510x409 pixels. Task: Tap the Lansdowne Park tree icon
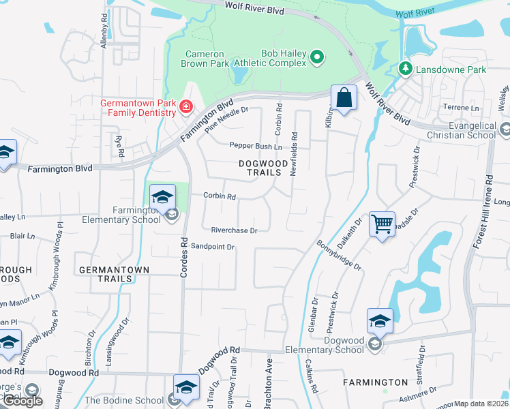pyautogui.click(x=405, y=69)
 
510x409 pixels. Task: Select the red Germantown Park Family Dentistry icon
pyautogui.click(x=185, y=107)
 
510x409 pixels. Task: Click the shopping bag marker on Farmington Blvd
pyautogui.click(x=344, y=97)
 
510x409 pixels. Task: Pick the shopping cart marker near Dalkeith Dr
pyautogui.click(x=382, y=224)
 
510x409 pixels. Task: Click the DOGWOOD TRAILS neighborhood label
pyautogui.click(x=260, y=168)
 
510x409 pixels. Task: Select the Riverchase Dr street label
pyautogui.click(x=234, y=230)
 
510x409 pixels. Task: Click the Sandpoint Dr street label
pyautogui.click(x=212, y=246)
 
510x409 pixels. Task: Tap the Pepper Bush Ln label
pyautogui.click(x=256, y=146)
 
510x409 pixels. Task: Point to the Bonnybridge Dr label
pyautogui.click(x=338, y=254)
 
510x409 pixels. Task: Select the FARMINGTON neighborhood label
pyautogui.click(x=375, y=382)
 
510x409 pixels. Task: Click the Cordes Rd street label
pyautogui.click(x=183, y=256)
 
